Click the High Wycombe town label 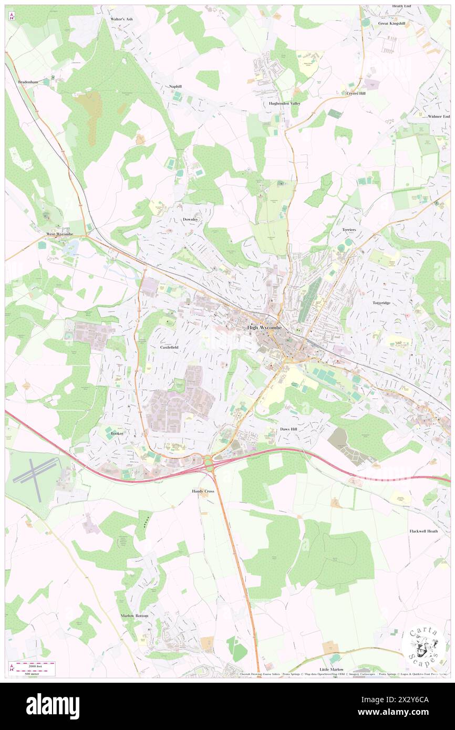click(x=264, y=328)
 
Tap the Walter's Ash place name click(x=121, y=19)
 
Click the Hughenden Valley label click(x=282, y=103)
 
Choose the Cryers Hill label click(x=356, y=93)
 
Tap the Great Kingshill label click(x=391, y=24)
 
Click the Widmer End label click(x=439, y=116)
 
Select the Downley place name click(x=190, y=219)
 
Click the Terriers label click(x=349, y=230)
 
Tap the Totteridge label click(x=382, y=303)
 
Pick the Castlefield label click(x=172, y=348)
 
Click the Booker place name click(x=117, y=433)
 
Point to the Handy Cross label click(x=202, y=491)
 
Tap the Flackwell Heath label click(x=423, y=531)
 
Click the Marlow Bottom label click(x=135, y=616)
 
